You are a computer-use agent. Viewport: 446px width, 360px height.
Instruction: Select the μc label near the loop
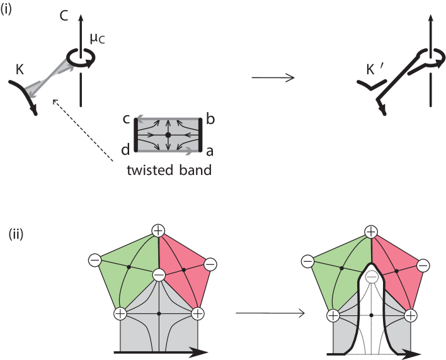pyautogui.click(x=97, y=39)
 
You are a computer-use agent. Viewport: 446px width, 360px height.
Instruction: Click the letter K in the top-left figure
pyautogui.click(x=21, y=69)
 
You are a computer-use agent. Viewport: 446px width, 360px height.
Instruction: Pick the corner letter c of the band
pyautogui.click(x=127, y=118)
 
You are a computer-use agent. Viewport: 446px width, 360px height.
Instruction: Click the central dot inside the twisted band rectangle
pyautogui.click(x=168, y=135)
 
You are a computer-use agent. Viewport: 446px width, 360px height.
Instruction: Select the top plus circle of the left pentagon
pyautogui.click(x=158, y=230)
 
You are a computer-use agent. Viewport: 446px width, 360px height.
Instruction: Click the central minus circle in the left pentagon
pyautogui.click(x=159, y=274)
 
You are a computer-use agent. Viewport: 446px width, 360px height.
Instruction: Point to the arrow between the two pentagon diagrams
pyautogui.click(x=269, y=313)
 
